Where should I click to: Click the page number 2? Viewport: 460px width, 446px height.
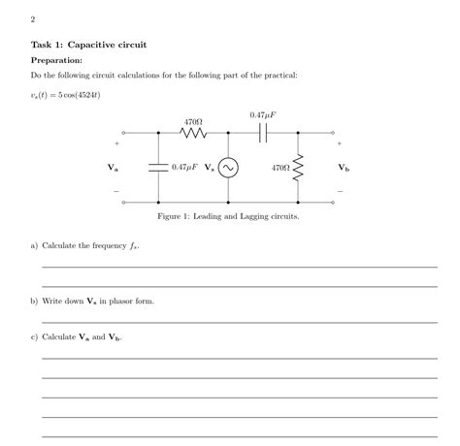(x=33, y=18)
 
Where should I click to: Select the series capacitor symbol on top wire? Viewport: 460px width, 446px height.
(x=262, y=133)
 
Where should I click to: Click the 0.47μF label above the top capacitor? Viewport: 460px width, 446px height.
(x=262, y=115)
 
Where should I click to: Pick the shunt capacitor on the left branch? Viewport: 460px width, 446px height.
(x=157, y=168)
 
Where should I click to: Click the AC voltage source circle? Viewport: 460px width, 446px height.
(x=228, y=168)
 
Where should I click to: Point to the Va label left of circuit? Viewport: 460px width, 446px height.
(x=114, y=168)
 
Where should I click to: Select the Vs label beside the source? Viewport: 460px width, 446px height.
(x=210, y=168)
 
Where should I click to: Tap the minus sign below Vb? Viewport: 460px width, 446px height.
(x=341, y=191)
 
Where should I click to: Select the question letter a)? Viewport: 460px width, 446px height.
(x=34, y=246)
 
